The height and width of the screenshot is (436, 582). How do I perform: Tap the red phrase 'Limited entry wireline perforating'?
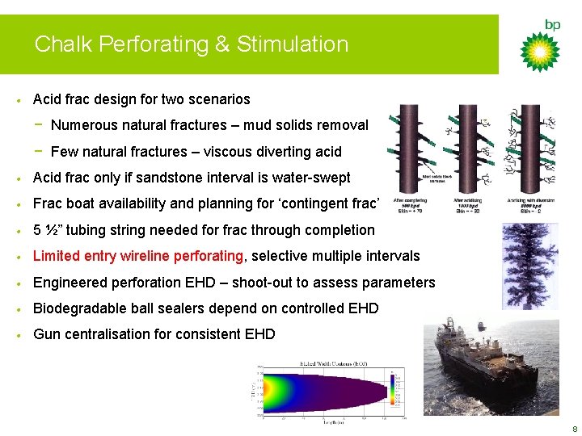click(x=137, y=256)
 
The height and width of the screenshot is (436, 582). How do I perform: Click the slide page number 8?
click(x=573, y=429)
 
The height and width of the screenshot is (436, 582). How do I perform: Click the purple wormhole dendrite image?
click(x=529, y=266)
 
